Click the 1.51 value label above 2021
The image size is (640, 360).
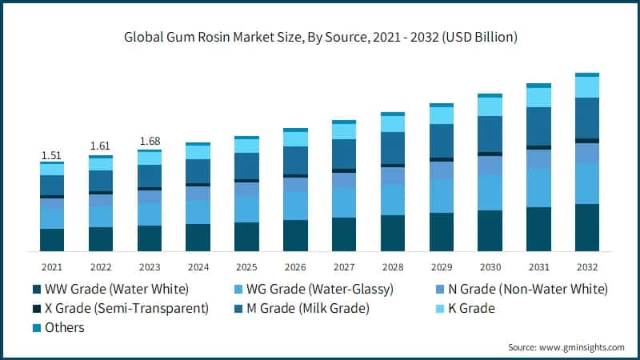[52, 154]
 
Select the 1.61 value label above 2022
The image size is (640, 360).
[100, 147]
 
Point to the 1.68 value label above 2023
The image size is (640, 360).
[149, 142]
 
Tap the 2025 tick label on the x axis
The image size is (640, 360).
[246, 266]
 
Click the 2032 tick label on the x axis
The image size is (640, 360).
[587, 266]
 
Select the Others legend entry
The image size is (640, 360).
[64, 327]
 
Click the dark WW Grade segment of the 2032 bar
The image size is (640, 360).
[587, 228]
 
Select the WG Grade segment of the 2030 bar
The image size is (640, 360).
[490, 192]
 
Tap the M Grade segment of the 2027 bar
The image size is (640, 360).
[344, 154]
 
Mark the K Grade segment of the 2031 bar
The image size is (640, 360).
[538, 97]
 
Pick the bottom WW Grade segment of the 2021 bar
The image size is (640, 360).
[52, 240]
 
